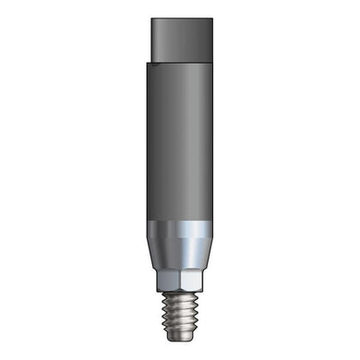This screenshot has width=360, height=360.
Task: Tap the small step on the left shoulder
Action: [x=148, y=63]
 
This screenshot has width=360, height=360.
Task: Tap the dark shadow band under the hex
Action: [x=180, y=291]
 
